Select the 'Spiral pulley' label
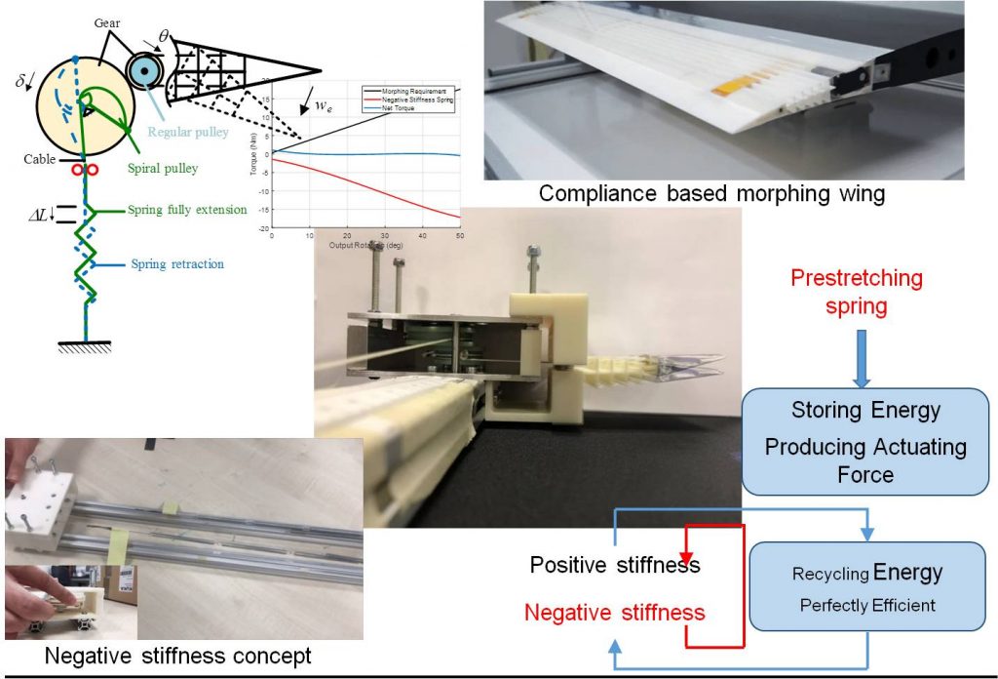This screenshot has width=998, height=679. point(162,168)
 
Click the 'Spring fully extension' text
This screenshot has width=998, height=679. point(187,210)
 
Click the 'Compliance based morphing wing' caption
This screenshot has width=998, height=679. point(711,193)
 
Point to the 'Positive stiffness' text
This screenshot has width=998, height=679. point(615,566)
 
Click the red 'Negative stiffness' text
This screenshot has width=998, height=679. point(614,613)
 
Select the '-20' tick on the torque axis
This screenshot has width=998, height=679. point(262,227)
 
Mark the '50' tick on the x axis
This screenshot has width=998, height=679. point(458,236)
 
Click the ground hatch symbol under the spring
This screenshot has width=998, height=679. point(86,346)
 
